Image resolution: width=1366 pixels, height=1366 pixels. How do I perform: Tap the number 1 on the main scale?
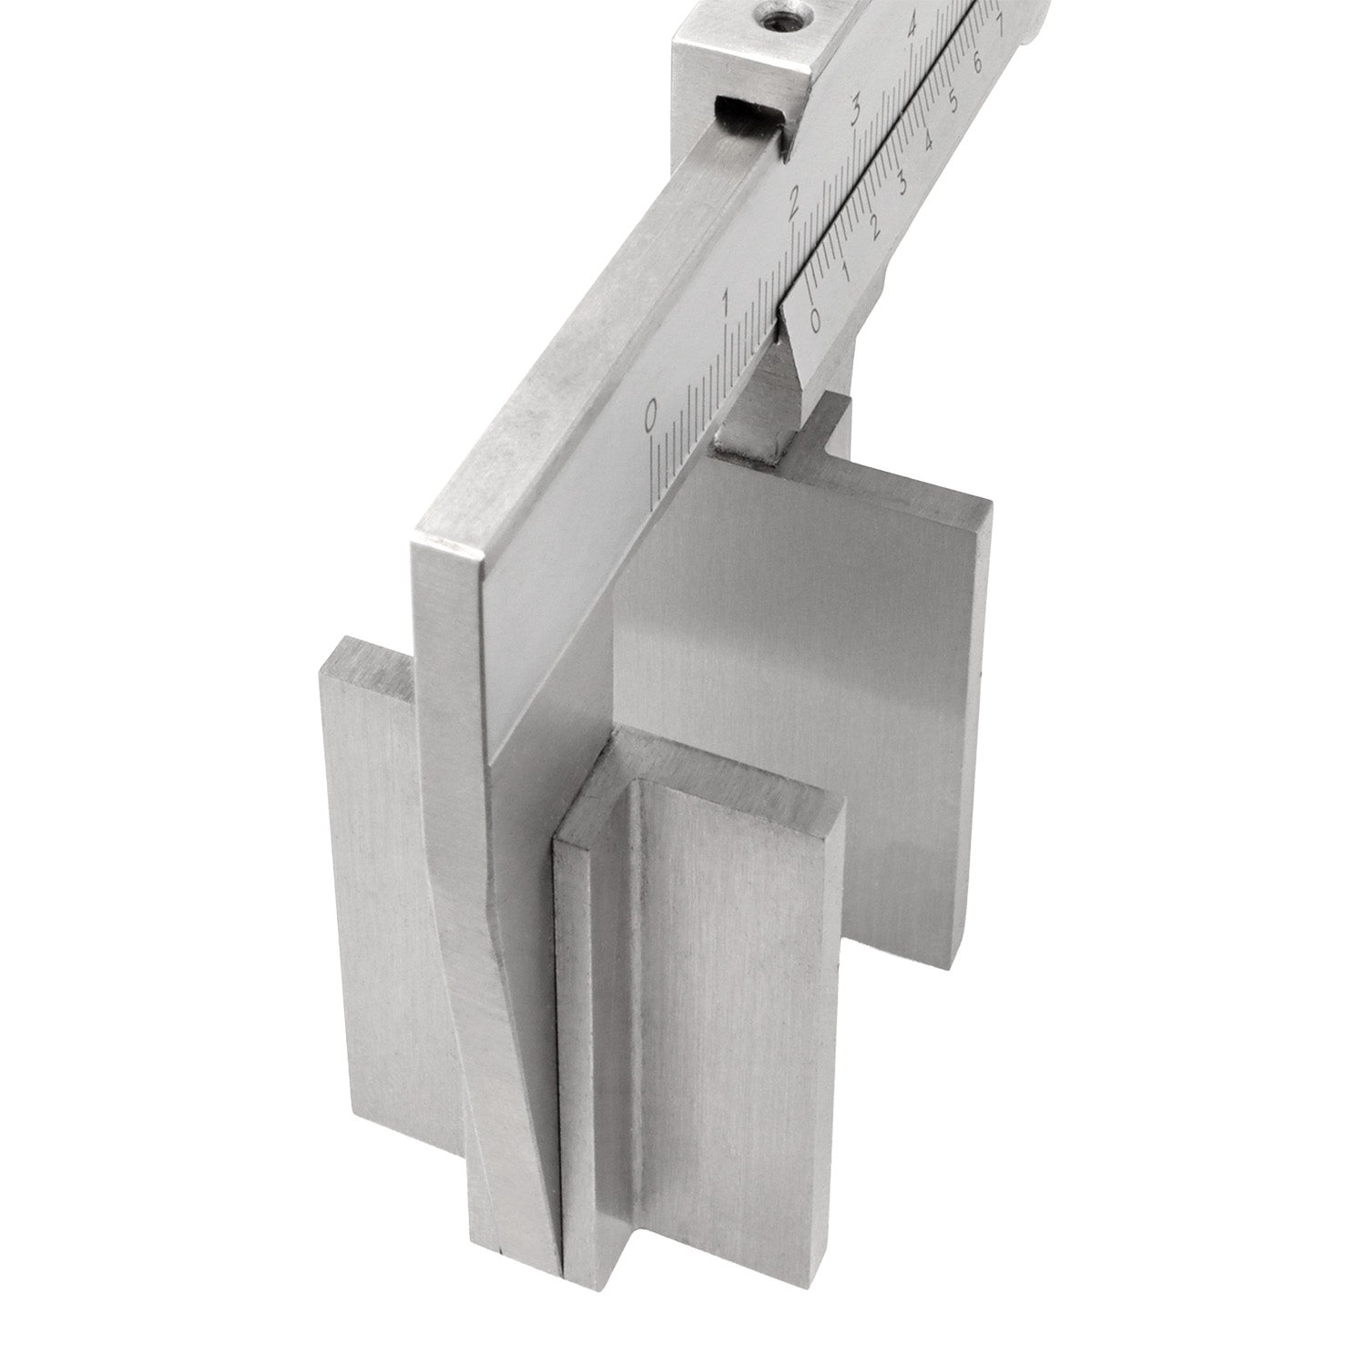[727, 304]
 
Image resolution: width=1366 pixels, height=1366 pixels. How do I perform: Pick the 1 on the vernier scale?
[845, 270]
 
